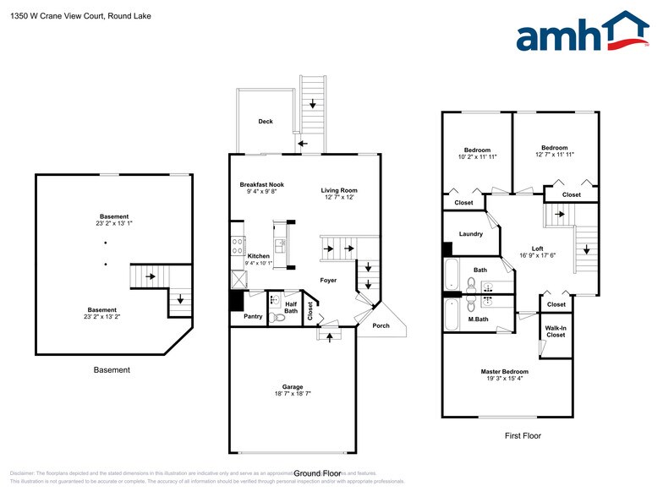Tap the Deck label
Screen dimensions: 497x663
point(266,122)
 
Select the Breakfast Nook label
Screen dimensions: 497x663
point(261,184)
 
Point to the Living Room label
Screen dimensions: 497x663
point(339,190)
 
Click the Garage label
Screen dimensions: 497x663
point(292,386)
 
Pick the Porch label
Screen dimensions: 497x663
point(381,325)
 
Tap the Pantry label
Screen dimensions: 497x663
point(253,316)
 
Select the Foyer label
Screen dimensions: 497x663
point(328,280)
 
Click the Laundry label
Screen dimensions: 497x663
point(471,234)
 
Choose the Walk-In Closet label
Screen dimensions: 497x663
point(555,331)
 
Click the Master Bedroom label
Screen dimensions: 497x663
point(504,372)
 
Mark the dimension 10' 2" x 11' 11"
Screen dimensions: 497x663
point(477,157)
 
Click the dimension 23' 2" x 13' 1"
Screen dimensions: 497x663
point(114,224)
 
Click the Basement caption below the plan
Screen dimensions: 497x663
point(112,370)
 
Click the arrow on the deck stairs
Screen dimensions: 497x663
point(313,104)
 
